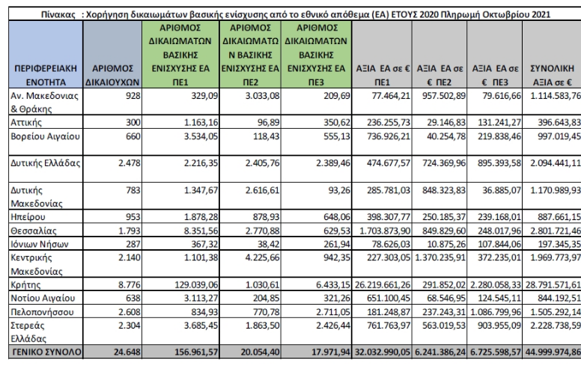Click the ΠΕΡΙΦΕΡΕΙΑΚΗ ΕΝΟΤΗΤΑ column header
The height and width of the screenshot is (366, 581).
(x=46, y=75)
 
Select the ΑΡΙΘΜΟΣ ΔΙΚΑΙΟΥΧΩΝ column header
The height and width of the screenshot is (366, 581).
(x=112, y=75)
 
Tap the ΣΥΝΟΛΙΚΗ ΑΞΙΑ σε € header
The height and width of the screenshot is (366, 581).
(x=552, y=75)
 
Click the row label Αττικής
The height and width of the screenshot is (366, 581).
(x=26, y=122)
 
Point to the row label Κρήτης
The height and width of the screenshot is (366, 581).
(x=25, y=284)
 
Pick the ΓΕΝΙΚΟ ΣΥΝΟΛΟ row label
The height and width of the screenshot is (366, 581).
(x=46, y=352)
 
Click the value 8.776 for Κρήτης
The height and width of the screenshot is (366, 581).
(x=130, y=284)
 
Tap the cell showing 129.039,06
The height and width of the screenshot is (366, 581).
(x=196, y=284)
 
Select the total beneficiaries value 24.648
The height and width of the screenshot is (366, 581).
(x=127, y=352)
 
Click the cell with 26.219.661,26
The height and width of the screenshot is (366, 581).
(x=383, y=284)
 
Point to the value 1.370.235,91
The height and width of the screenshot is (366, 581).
(x=440, y=257)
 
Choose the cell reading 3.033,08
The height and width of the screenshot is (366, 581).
(x=262, y=96)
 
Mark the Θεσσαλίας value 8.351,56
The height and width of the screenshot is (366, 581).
(x=201, y=231)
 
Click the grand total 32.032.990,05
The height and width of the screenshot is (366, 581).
(x=383, y=352)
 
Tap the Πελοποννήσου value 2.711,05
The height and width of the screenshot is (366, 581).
(x=333, y=311)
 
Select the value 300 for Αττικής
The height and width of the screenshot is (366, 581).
(x=133, y=122)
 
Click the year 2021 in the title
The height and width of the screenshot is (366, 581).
(x=541, y=14)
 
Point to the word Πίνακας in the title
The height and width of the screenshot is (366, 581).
(x=58, y=14)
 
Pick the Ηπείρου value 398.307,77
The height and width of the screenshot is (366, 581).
(x=389, y=217)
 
